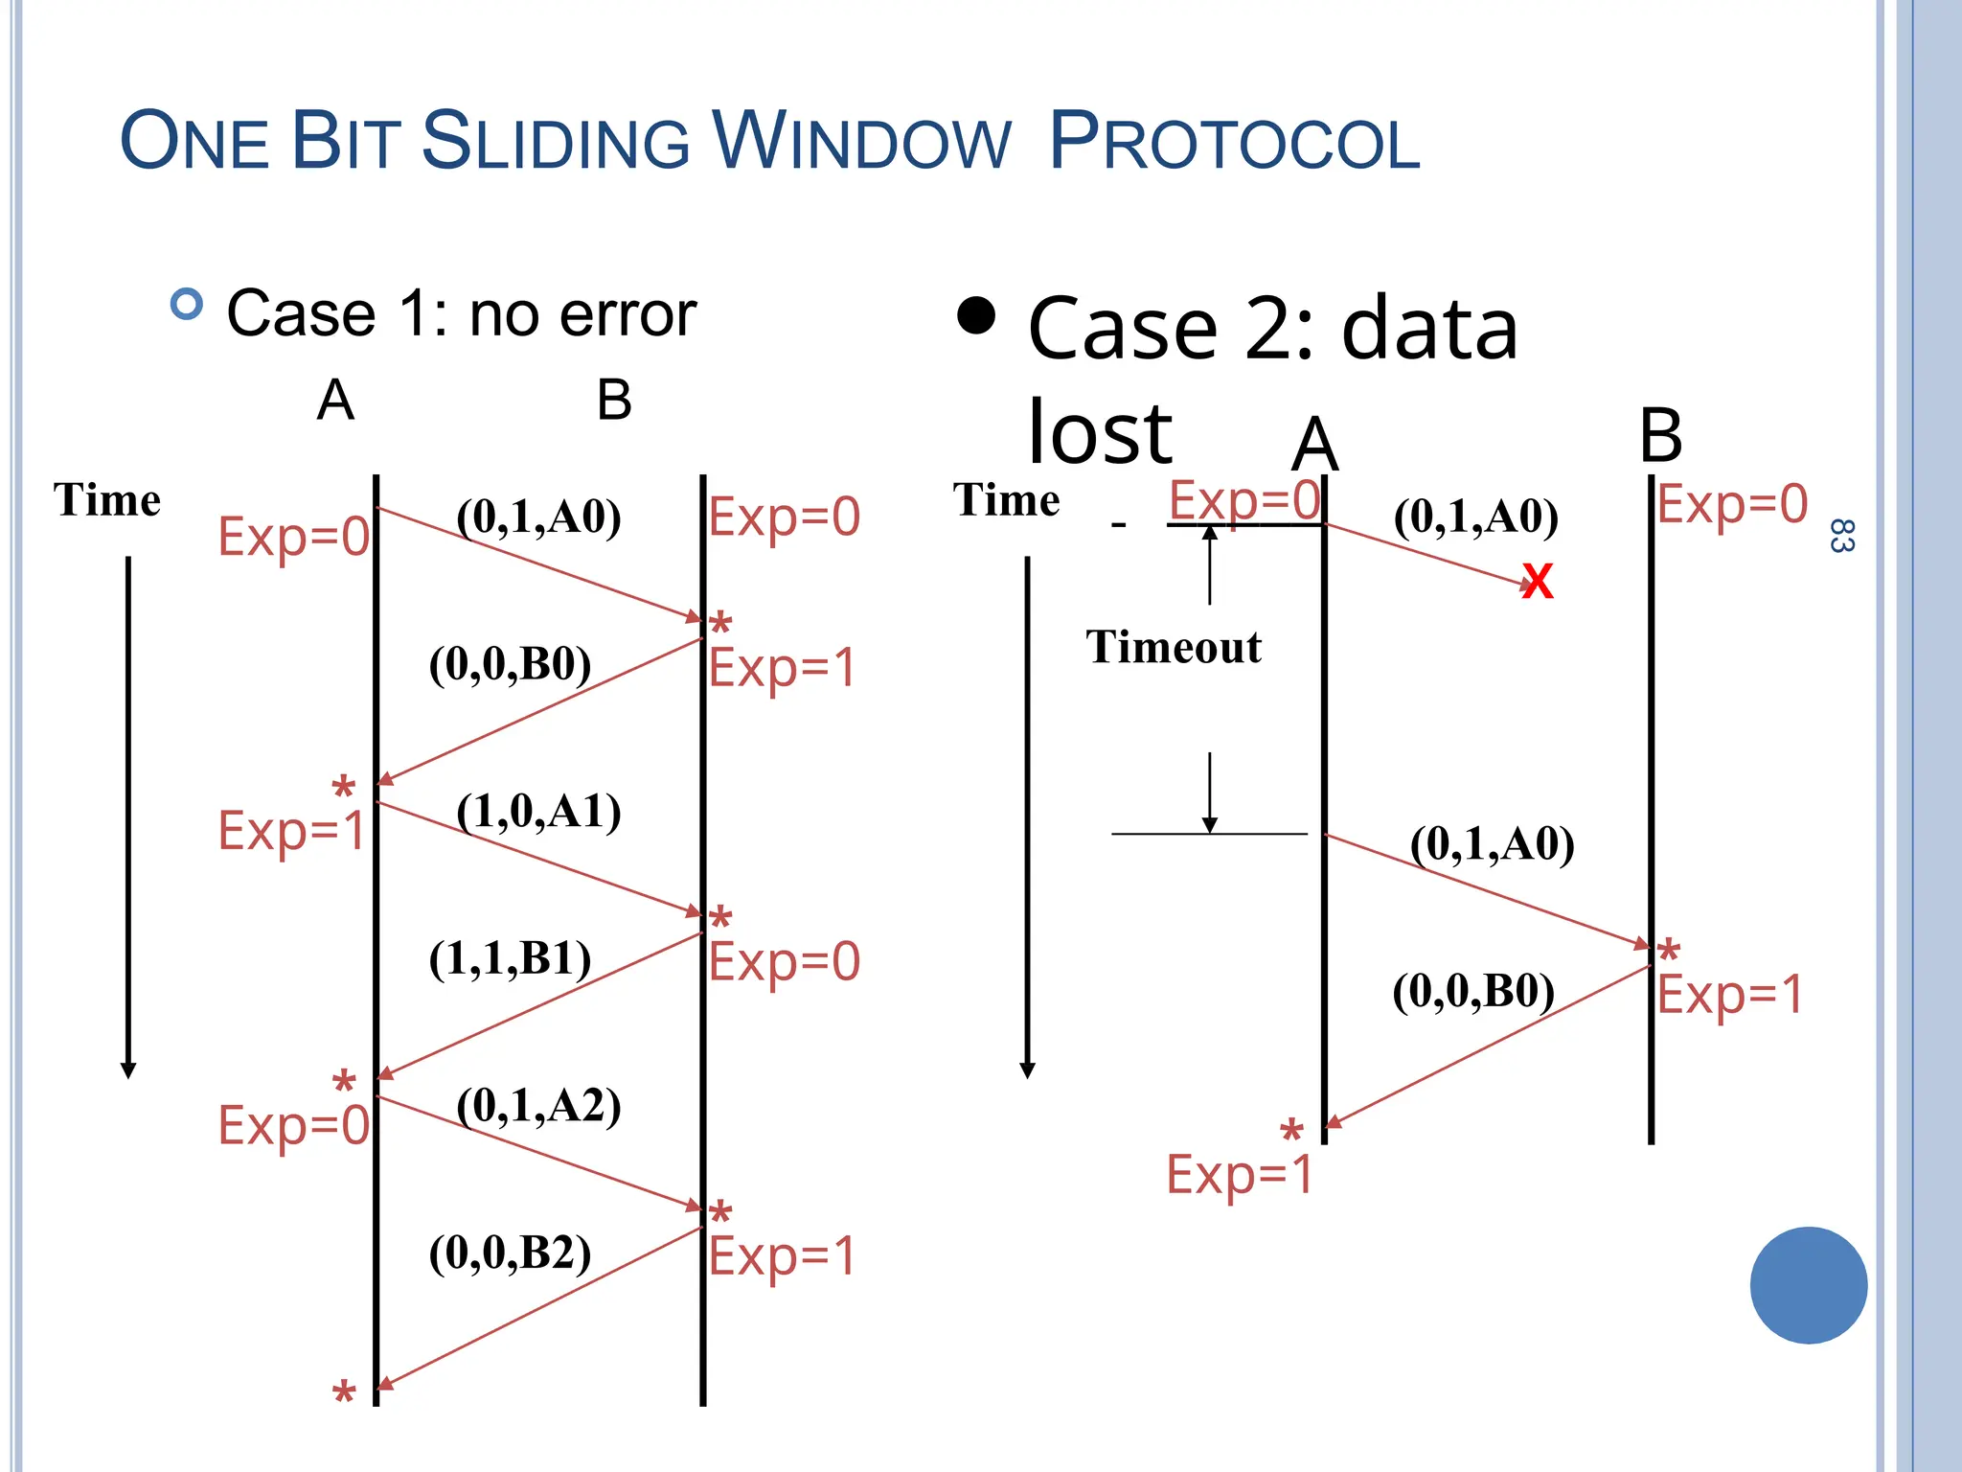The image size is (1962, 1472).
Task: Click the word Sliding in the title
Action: pos(556,142)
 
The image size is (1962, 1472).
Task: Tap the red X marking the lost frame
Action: pos(1537,582)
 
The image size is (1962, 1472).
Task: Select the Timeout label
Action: pos(1174,647)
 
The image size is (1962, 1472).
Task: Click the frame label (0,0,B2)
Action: pos(510,1253)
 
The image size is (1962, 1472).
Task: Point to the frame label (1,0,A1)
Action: pos(538,812)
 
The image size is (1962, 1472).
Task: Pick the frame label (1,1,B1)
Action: pos(510,958)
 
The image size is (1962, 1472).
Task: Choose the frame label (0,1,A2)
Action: pos(538,1106)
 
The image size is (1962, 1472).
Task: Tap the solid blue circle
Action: pos(1808,1285)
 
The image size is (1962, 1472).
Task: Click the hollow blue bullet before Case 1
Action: pos(187,305)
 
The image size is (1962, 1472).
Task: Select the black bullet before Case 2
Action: pos(976,315)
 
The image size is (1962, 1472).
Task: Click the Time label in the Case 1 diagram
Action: pos(106,500)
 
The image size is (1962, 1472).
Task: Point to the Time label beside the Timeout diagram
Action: pos(1006,500)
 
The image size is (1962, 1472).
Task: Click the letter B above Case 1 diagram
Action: pos(614,400)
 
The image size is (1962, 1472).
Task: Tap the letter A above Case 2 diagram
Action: pos(1314,446)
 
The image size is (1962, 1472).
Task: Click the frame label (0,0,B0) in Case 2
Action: pos(1473,991)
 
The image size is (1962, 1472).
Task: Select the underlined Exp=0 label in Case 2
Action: pos(1244,500)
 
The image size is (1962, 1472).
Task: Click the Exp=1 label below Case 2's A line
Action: pos(1240,1174)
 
